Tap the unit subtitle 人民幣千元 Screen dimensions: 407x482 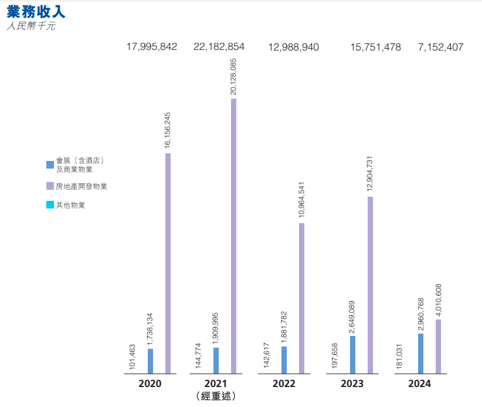(30, 26)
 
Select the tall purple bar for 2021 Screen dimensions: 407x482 (233, 236)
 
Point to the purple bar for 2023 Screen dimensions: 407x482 (370, 285)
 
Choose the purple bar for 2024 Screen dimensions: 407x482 (438, 347)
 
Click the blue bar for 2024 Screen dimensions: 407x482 (420, 354)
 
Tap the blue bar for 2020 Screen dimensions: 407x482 (150, 361)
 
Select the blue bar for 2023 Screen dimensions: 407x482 (352, 355)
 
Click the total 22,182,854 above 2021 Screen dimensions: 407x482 (219, 48)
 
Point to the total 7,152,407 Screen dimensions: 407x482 (440, 48)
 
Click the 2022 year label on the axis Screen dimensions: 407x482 (284, 384)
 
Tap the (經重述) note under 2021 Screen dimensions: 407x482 (216, 396)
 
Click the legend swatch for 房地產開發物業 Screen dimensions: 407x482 (50, 186)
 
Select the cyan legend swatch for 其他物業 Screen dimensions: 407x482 (50, 205)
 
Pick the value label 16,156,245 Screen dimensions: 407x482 (168, 129)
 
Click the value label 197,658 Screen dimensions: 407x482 (335, 357)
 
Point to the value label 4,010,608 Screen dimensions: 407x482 (438, 301)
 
